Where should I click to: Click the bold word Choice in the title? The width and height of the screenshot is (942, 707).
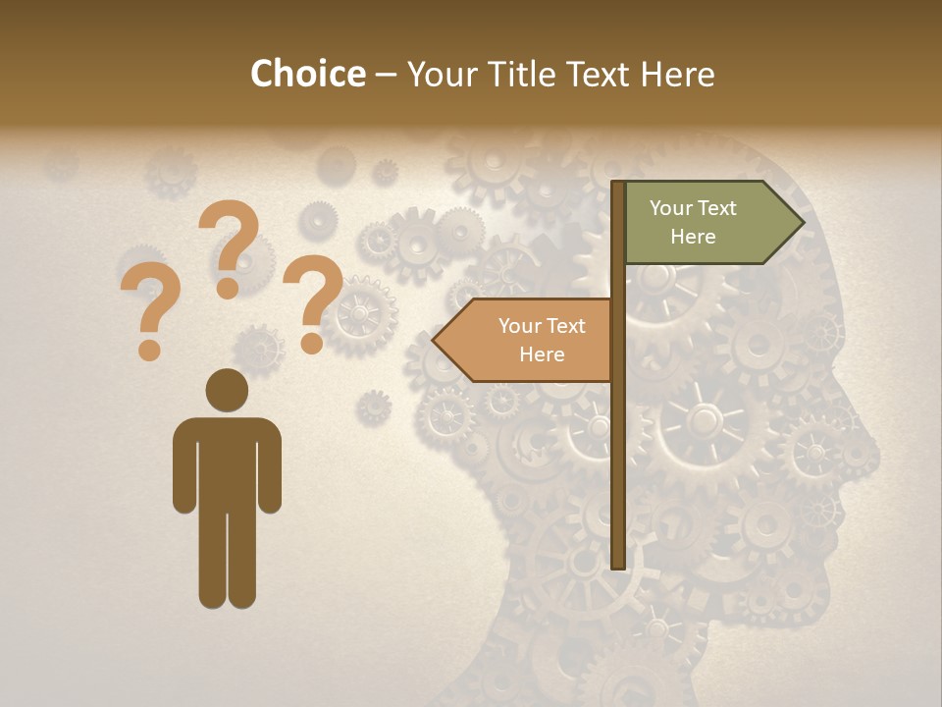point(307,74)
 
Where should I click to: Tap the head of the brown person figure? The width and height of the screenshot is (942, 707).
point(227,390)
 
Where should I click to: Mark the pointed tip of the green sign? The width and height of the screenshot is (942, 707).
point(803,223)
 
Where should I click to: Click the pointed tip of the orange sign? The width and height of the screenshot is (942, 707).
point(434,341)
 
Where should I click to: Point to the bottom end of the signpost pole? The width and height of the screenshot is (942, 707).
point(618,565)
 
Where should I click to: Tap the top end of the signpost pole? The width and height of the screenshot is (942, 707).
point(618,185)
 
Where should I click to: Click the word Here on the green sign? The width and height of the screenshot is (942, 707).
point(693,237)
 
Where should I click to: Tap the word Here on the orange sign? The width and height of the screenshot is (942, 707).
point(542,354)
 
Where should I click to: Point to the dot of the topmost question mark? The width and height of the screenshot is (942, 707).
point(228,289)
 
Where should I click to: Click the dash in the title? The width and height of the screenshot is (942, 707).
point(386,76)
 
